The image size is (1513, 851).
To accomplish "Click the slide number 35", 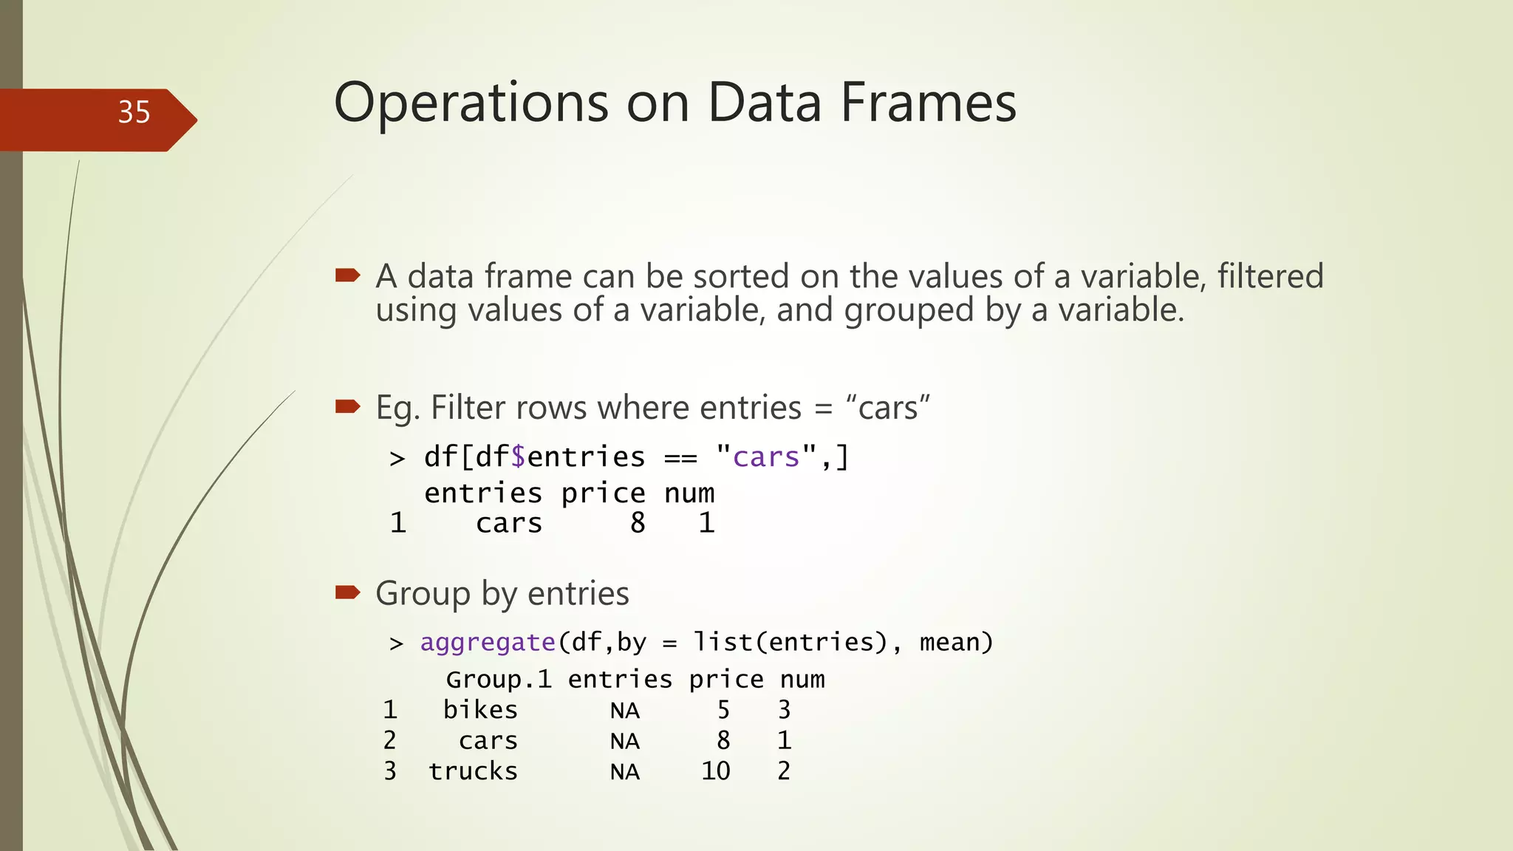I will (134, 112).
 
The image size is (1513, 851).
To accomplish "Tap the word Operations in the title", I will (471, 103).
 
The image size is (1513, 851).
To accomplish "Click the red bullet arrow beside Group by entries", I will (347, 592).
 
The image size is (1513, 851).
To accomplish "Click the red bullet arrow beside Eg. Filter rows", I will (347, 406).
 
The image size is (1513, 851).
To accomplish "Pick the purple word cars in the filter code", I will (766, 457).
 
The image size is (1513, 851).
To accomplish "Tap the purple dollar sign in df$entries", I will (518, 457).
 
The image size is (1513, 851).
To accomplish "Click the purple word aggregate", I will (488, 643).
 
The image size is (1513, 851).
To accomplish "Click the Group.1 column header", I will (499, 680).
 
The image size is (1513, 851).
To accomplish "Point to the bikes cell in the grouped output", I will (480, 710).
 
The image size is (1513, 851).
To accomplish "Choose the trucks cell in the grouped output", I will (473, 771).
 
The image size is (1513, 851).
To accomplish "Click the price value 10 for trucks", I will (715, 771).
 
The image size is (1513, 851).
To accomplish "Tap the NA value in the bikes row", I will (624, 711).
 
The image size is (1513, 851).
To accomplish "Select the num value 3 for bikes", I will (784, 710).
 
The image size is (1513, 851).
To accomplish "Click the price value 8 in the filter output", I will (638, 523).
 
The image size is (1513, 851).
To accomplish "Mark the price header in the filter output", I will (603, 493).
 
